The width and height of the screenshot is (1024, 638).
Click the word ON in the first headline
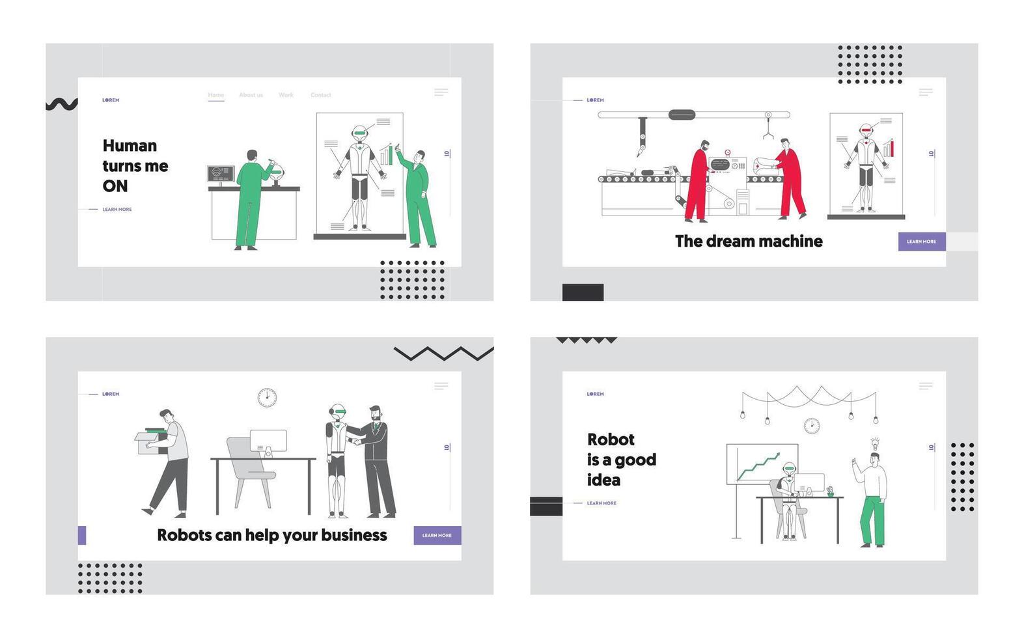point(115,186)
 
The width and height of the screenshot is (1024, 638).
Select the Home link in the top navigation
point(215,95)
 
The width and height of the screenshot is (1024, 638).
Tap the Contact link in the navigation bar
point(320,95)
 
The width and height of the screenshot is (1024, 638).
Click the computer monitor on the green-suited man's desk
point(221,174)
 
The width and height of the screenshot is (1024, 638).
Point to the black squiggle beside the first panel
point(61,104)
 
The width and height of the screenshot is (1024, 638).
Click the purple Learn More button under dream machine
point(921,242)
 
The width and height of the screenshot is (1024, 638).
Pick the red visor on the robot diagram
point(866,131)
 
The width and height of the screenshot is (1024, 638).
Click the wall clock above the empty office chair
point(266,397)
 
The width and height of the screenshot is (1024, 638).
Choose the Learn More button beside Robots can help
point(437,535)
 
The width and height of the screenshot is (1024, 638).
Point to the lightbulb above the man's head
point(875,444)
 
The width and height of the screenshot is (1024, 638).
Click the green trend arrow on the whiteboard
point(758,465)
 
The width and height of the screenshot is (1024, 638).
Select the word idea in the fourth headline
point(603,480)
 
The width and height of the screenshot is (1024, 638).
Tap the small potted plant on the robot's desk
point(831,492)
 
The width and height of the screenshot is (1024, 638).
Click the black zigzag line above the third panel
point(443,354)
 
